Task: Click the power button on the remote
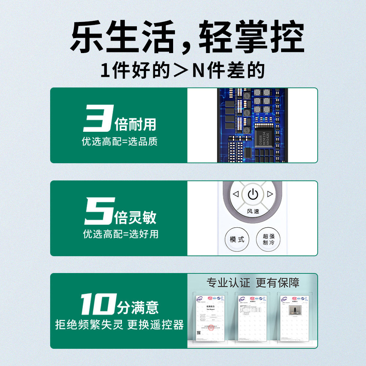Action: point(253,194)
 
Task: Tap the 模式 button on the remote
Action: point(237,239)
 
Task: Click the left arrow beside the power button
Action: point(236,194)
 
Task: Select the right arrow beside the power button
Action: point(270,194)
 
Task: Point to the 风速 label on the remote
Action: point(253,211)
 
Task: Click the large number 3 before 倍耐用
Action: point(97,118)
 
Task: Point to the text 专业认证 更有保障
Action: point(253,282)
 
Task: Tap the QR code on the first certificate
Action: point(199,333)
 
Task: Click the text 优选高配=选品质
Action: point(120,142)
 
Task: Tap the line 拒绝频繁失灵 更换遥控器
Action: point(119,325)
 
